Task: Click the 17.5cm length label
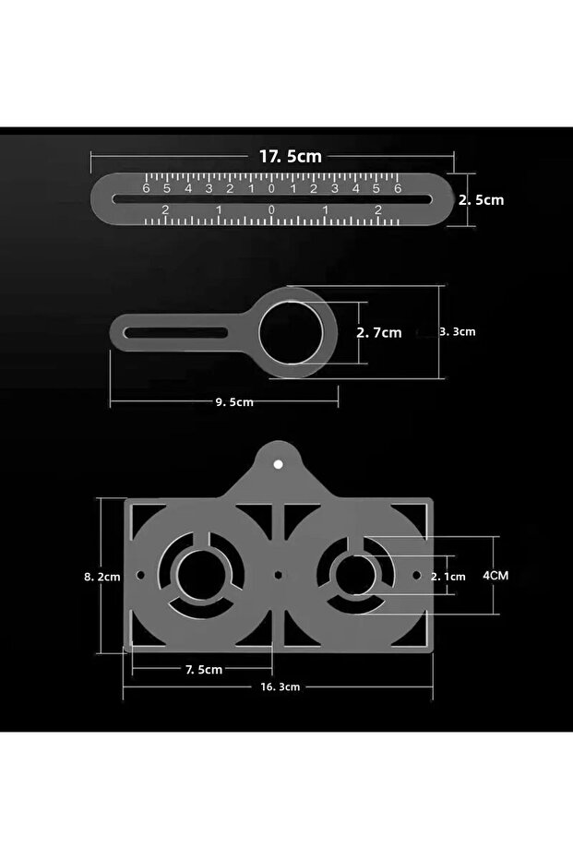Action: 290,156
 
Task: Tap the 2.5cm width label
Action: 481,199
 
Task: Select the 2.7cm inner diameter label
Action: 379,332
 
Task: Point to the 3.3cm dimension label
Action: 457,331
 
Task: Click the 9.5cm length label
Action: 234,401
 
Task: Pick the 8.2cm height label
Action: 101,577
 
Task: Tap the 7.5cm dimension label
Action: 203,669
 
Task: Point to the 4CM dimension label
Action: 495,575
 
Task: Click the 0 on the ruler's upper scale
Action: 271,188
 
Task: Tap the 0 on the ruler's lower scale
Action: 271,210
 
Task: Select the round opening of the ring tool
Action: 291,332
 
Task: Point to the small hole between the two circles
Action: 279,575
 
